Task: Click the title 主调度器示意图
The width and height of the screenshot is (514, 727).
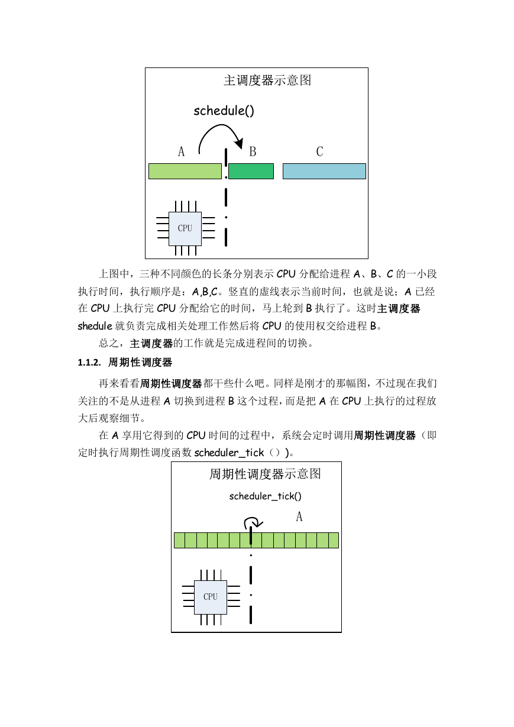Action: pos(267,80)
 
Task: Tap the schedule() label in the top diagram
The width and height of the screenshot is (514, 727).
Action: pos(224,111)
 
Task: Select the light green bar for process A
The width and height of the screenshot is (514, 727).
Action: pos(185,171)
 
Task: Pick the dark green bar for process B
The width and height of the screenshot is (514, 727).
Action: pos(251,171)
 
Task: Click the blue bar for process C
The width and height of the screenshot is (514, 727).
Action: pos(324,171)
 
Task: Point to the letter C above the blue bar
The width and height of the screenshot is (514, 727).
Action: pos(319,151)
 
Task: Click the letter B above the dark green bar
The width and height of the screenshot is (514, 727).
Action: pos(253,151)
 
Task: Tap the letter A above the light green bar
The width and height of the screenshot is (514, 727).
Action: pos(181,151)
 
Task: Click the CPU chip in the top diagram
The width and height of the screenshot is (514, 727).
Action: pos(185,228)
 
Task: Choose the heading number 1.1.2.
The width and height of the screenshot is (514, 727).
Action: pos(89,363)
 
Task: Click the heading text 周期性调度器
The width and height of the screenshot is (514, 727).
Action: pos(140,362)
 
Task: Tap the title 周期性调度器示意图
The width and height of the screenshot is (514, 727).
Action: pos(265,474)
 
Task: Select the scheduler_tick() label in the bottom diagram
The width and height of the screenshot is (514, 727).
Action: pos(266,496)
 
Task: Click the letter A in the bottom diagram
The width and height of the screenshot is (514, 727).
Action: pos(299,516)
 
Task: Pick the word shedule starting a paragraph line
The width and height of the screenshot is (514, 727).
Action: pos(95,326)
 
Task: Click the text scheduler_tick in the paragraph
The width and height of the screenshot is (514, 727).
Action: pos(229,453)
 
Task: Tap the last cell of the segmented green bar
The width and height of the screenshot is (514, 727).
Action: pos(334,541)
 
